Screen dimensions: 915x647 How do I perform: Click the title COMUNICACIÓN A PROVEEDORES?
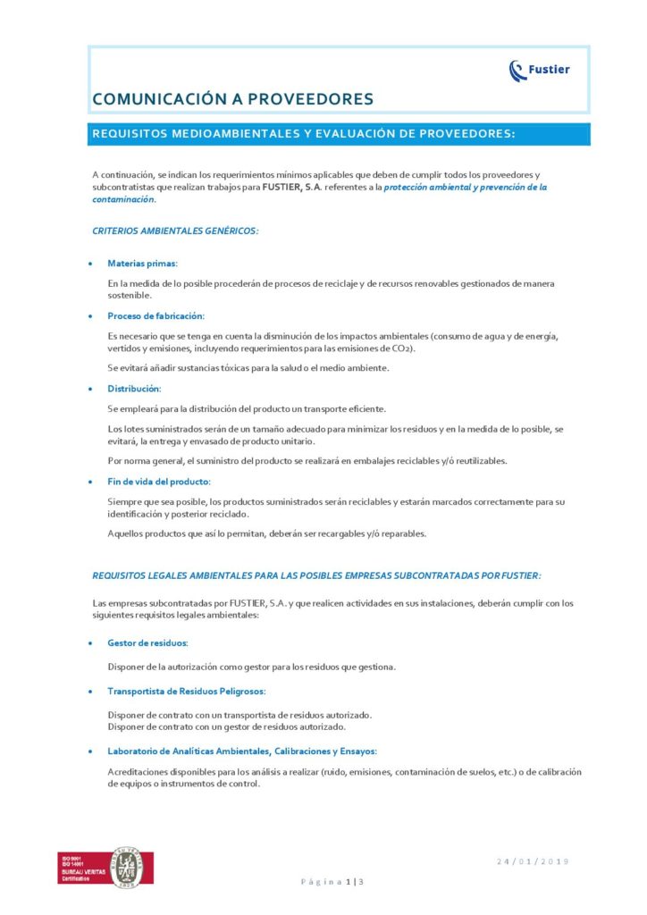coord(232,99)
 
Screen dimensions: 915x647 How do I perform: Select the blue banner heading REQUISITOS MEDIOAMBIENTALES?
coord(304,134)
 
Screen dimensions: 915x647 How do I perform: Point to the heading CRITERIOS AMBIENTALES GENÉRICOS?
coord(175,231)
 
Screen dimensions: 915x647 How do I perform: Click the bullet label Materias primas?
coord(142,264)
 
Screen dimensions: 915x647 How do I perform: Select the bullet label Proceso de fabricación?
coord(155,316)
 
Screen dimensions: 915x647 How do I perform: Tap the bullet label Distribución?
coord(134,389)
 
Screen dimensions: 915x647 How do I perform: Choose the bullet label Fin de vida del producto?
coord(159,482)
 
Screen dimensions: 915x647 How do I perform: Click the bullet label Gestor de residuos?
coord(147,642)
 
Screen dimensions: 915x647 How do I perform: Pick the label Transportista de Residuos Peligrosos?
coord(186,691)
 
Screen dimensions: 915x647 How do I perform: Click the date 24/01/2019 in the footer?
coord(534,861)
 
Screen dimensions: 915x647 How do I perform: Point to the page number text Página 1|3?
coord(332,882)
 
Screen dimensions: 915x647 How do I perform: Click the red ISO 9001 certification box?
coord(81,867)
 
